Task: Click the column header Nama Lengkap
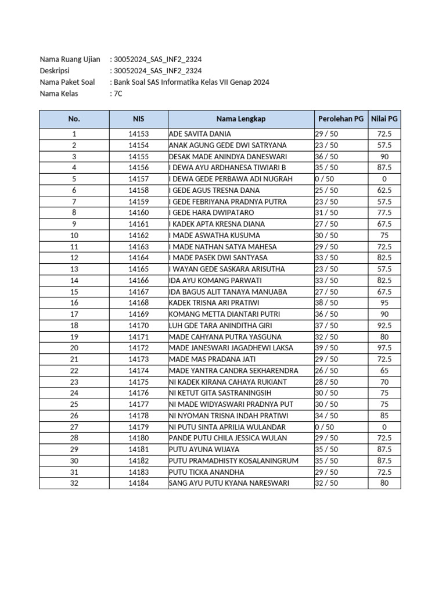click(240, 119)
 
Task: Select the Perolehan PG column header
click(341, 119)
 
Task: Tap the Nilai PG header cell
click(384, 119)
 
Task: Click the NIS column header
click(138, 119)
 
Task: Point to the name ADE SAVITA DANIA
click(200, 134)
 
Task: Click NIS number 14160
click(138, 213)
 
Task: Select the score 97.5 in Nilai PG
click(384, 348)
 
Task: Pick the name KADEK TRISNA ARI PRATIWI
click(214, 303)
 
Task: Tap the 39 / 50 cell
click(326, 348)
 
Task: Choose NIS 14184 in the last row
click(138, 483)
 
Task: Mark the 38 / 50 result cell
click(326, 303)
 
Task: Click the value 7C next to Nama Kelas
click(118, 94)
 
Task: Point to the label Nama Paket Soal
click(67, 82)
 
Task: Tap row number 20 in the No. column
click(74, 348)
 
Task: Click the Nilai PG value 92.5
click(384, 325)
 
